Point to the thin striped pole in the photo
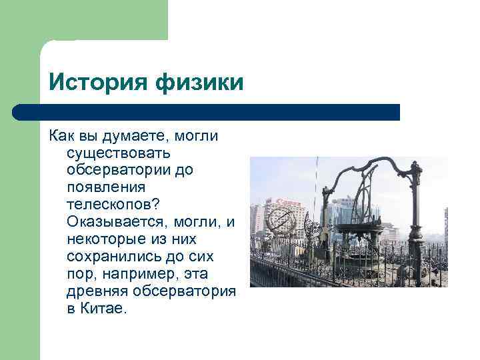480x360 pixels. click(317, 200)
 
